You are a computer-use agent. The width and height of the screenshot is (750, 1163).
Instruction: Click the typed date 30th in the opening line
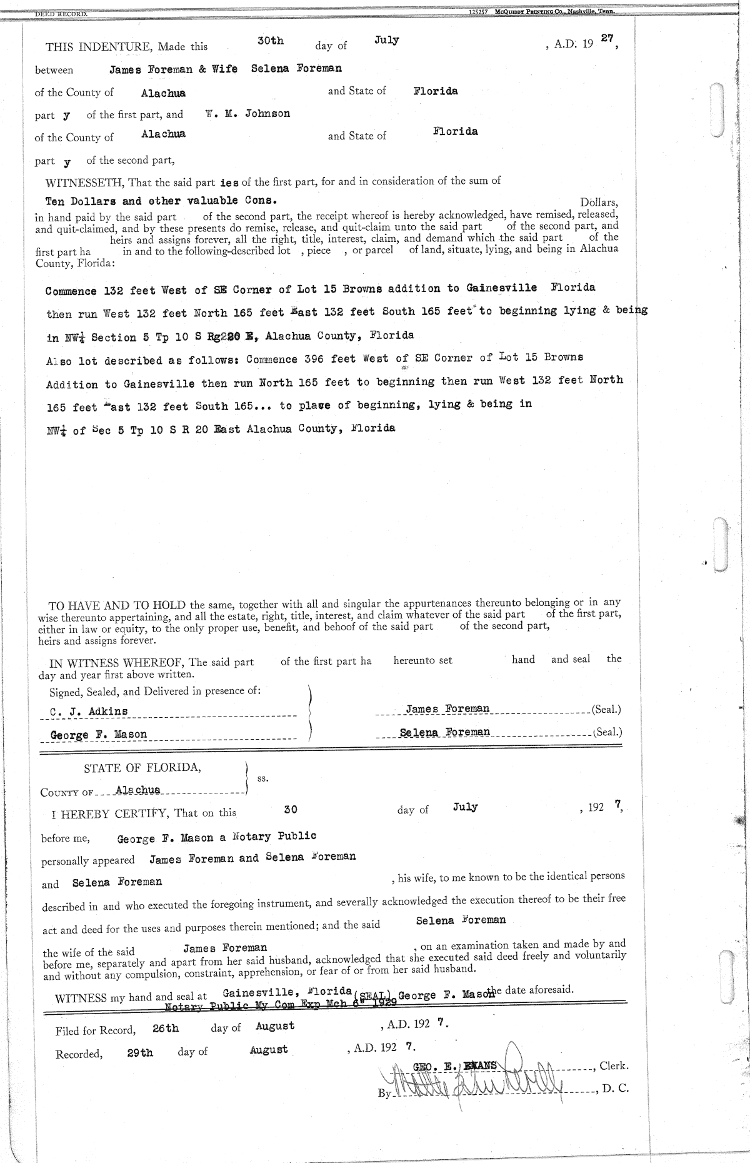click(270, 41)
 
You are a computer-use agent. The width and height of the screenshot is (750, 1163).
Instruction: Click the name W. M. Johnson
click(247, 114)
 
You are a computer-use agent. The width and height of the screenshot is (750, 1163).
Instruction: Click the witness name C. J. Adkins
click(89, 711)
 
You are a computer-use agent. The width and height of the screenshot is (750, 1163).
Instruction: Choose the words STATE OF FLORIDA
click(142, 768)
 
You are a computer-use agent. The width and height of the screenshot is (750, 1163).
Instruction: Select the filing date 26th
click(166, 1028)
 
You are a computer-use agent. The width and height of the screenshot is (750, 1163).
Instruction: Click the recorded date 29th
click(139, 1053)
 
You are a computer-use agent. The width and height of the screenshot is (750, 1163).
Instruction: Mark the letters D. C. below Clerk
click(615, 1089)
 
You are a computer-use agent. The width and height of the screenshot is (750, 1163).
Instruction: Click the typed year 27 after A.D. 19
click(606, 38)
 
